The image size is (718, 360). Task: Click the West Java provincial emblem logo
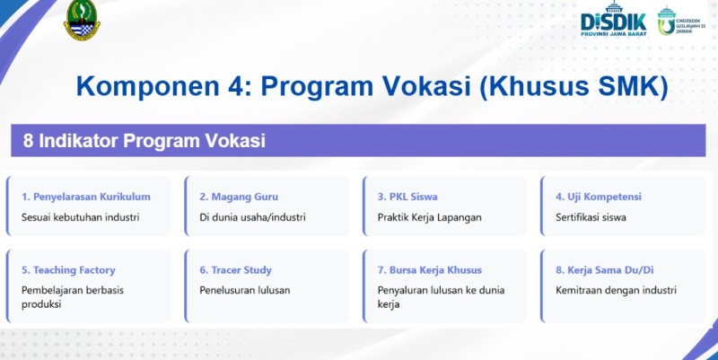(x=83, y=21)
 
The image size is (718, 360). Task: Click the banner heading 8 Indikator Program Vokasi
(x=144, y=141)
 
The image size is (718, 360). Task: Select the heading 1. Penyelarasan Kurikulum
(x=86, y=197)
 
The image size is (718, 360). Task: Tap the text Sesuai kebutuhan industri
(x=81, y=216)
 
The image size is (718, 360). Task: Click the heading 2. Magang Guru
(x=239, y=197)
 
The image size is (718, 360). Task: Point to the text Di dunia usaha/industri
(x=253, y=216)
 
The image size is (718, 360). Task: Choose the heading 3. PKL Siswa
(x=407, y=197)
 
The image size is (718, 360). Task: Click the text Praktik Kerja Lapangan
(x=430, y=216)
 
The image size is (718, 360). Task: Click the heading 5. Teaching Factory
(x=68, y=270)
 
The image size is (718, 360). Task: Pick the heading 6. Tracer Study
(x=235, y=270)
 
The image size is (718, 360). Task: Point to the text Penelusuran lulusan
(x=245, y=290)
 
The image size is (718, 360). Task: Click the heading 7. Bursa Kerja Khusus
(x=430, y=270)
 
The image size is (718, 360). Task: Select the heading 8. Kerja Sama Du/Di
(x=603, y=270)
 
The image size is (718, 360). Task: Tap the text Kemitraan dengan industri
(x=616, y=290)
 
